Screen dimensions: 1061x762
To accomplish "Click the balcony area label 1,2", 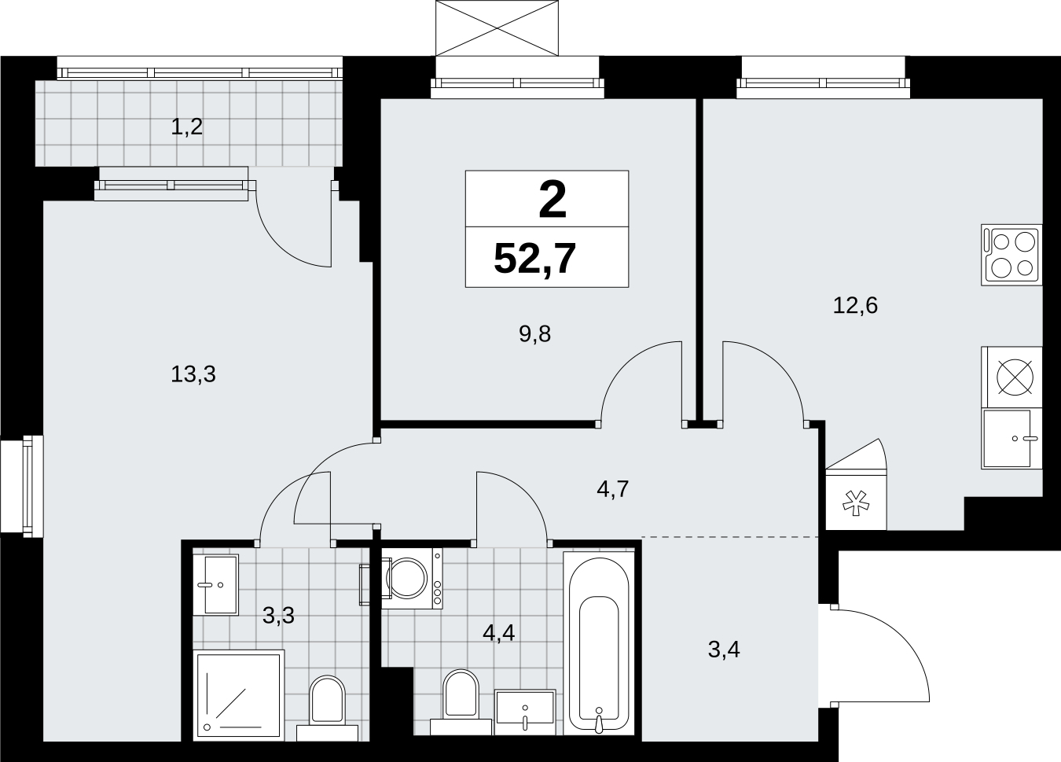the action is tap(186, 127).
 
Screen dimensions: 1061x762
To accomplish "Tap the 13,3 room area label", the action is tap(193, 374).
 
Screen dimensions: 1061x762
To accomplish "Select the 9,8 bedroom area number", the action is tap(534, 334).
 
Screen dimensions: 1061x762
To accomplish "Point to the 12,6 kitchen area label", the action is tap(855, 306).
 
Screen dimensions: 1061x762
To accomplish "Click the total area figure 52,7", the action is tap(534, 258).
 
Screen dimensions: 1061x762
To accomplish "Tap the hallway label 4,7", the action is tap(612, 489).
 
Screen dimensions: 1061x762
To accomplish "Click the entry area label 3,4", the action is tap(724, 650).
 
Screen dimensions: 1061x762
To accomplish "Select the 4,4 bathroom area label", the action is tap(499, 632).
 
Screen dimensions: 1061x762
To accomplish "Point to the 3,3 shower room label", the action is tap(278, 616).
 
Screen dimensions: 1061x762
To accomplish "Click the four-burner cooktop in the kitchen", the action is tap(1011, 255).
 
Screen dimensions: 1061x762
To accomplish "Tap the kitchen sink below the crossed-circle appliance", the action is tap(1011, 439).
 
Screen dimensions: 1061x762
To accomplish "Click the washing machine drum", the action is tap(407, 578).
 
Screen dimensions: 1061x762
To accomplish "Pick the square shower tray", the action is tap(239, 696).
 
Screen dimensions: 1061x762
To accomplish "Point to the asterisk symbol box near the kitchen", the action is tap(856, 502).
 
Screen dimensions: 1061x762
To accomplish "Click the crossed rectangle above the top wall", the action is tap(497, 28).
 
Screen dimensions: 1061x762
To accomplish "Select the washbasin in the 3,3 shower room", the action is tap(215, 585).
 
